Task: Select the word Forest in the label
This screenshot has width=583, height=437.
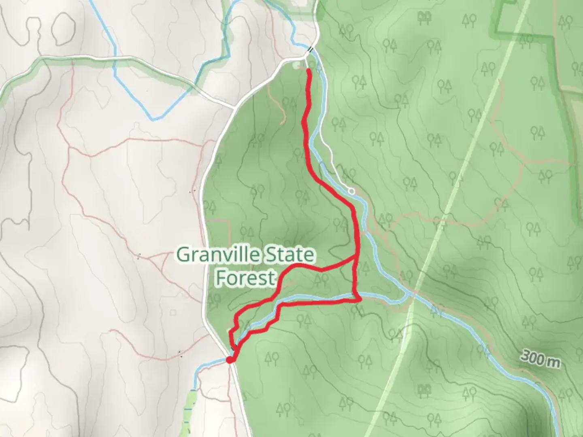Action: click(x=245, y=278)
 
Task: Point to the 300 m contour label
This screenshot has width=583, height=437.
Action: click(x=540, y=358)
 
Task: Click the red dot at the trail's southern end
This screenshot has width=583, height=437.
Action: click(x=230, y=360)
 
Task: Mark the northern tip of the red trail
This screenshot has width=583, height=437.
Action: click(x=309, y=71)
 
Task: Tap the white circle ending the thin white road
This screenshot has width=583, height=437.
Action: click(x=351, y=191)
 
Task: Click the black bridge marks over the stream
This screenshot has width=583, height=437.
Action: click(x=310, y=49)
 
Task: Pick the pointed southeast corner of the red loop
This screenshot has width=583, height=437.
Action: click(x=360, y=300)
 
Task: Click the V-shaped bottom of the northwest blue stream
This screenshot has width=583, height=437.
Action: click(x=153, y=119)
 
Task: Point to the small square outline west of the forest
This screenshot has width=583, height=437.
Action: click(x=173, y=312)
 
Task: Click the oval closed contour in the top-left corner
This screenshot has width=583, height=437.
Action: click(x=64, y=28)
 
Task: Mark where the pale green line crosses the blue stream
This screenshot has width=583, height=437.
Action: click(x=412, y=297)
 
